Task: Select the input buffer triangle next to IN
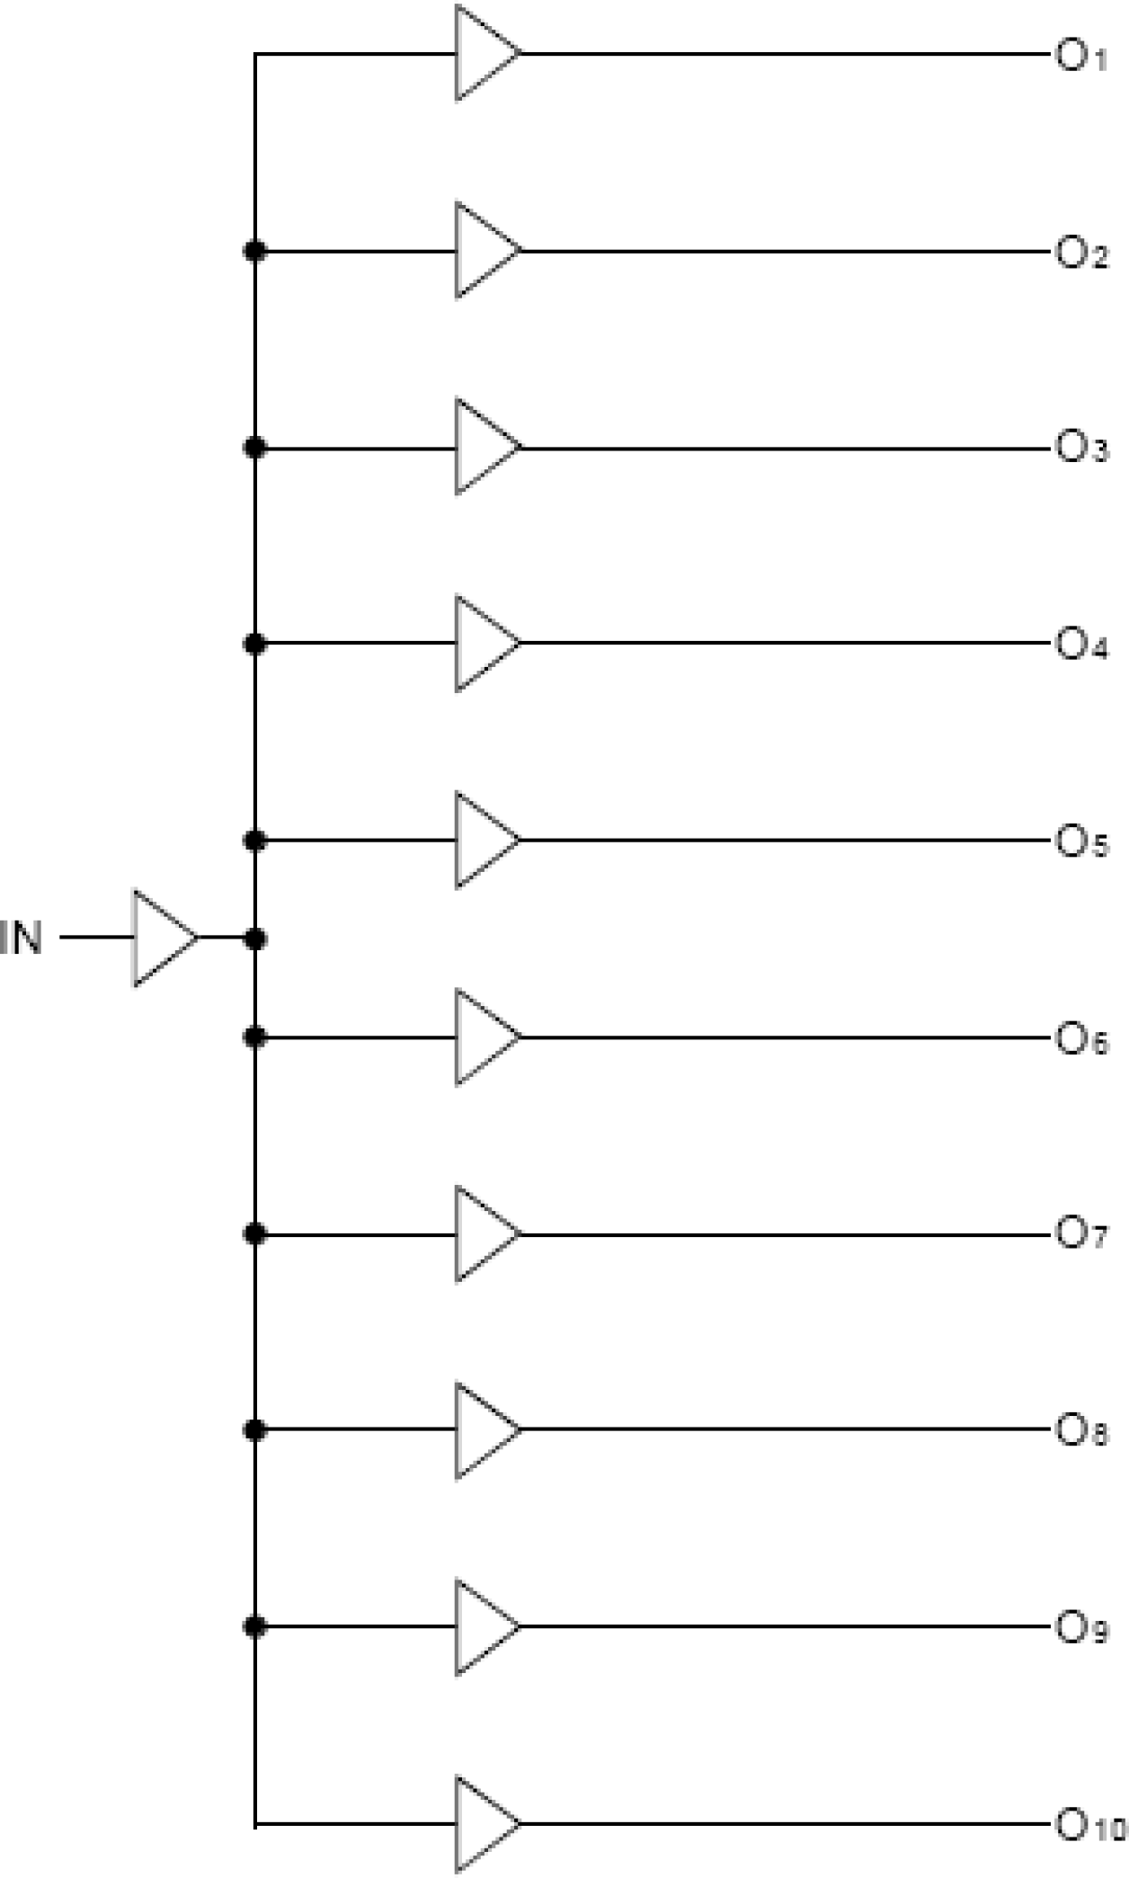pos(162,938)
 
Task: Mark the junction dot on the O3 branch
pos(255,447)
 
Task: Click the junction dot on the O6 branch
pos(255,1037)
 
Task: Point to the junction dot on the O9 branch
pos(255,1626)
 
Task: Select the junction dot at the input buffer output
pos(255,939)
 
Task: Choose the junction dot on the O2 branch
pos(255,250)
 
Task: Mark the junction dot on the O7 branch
pos(255,1234)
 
